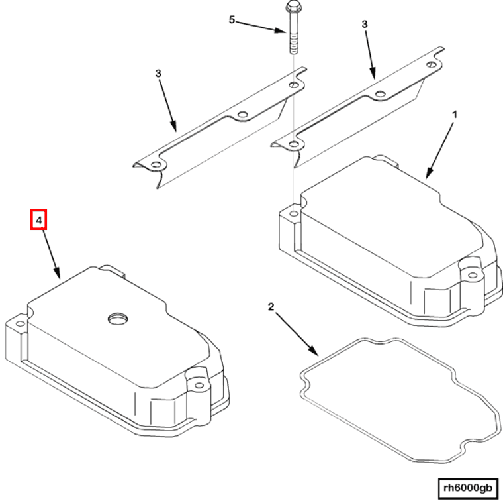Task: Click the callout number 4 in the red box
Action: coord(39,219)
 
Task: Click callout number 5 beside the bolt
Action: coord(232,20)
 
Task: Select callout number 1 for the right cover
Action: coord(454,114)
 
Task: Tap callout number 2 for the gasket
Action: coord(270,306)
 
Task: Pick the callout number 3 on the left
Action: coord(159,74)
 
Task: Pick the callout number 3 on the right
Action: coord(364,25)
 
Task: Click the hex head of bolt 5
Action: coord(292,8)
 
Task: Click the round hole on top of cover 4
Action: coord(118,319)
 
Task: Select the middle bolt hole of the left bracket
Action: coord(243,116)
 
